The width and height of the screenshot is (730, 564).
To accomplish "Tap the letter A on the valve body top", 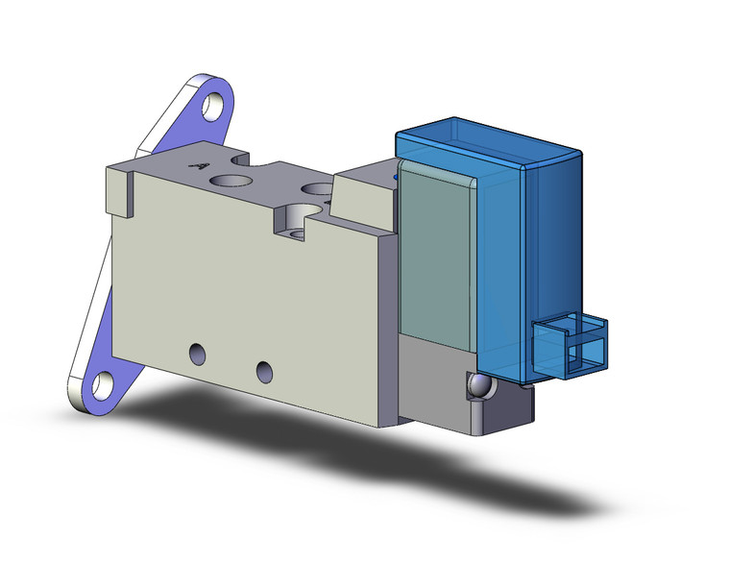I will pyautogui.click(x=201, y=165).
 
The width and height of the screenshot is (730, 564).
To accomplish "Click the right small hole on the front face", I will pyautogui.click(x=263, y=369).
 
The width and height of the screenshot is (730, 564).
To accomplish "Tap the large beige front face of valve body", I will pyautogui.click(x=250, y=298).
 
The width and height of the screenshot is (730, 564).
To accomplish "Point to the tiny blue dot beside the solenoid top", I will pyautogui.click(x=396, y=177).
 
